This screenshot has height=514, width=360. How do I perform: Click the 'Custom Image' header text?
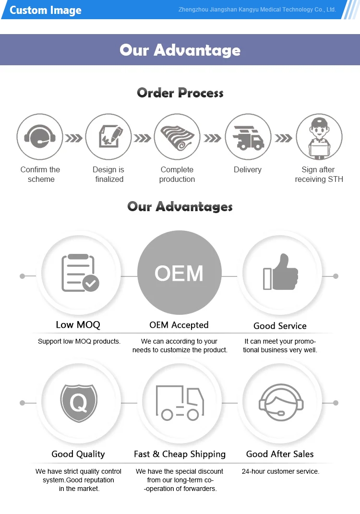46,10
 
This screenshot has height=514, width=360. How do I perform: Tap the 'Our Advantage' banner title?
180,50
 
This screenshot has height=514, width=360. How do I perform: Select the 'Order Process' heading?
180,93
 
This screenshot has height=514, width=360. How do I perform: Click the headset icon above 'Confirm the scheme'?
40,137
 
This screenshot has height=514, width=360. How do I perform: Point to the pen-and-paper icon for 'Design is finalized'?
108,137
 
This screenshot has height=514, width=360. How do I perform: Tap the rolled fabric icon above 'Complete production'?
177,137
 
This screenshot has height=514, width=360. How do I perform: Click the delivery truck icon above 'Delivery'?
248,137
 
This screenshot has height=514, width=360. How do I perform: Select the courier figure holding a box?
319,137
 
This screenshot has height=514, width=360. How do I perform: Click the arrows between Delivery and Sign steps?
283,138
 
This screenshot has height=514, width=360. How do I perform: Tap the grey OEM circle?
179,274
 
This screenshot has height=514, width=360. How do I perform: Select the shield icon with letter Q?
78,402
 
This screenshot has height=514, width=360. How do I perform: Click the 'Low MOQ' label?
78,325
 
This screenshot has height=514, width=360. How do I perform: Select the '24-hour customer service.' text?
280,471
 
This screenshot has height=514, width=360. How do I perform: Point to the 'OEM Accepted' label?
179,325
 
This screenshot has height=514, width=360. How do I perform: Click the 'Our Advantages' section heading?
180,206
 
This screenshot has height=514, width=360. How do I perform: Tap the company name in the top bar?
257,10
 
